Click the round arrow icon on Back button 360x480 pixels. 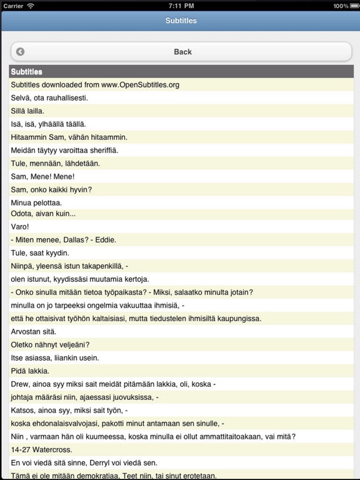20,52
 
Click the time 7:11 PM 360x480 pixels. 179,6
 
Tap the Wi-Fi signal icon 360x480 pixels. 31,6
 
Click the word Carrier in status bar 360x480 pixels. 13,6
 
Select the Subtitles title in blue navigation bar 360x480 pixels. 181,21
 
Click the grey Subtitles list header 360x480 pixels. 181,72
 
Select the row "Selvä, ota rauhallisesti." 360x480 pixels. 49,98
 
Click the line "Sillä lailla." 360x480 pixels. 27,111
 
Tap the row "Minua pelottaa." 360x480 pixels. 36,203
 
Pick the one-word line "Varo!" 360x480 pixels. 20,227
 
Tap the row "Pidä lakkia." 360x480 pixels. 31,371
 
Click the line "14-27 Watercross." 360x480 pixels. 41,449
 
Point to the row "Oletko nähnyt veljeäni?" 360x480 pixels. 50,344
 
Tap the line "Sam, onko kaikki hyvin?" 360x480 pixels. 51,189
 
